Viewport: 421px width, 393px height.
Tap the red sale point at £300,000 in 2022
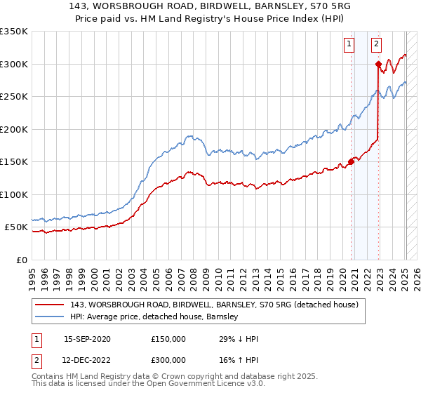click(x=378, y=64)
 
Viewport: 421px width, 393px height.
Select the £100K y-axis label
click(x=14, y=194)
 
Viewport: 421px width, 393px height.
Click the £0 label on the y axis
click(x=22, y=260)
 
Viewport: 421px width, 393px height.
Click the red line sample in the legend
click(x=50, y=305)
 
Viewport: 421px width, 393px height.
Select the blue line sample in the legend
click(x=50, y=317)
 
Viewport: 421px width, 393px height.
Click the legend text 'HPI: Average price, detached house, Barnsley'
click(x=154, y=317)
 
